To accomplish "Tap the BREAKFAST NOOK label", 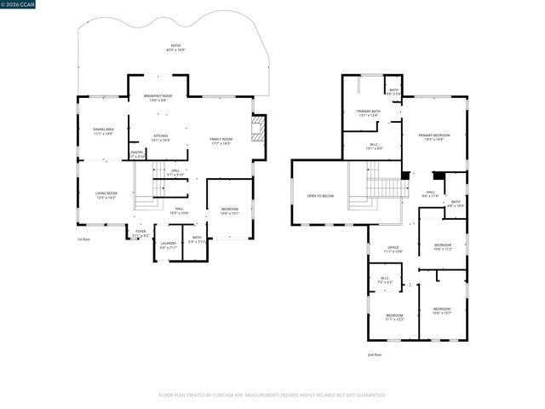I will tap(158, 97).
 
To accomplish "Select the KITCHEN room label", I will tap(160, 137).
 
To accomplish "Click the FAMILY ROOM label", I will tap(221, 141).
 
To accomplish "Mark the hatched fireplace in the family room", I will tap(258, 130).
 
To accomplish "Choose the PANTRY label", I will tap(137, 153).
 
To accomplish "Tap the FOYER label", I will tap(140, 232).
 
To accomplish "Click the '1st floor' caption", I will tap(83, 239).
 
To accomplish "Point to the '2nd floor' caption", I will tap(375, 354).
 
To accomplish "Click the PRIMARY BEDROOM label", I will tap(434, 137).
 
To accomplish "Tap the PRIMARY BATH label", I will tap(368, 113).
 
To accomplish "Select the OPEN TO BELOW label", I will tap(320, 196).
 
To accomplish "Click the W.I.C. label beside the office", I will tap(384, 279).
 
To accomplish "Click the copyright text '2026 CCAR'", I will tap(21, 7).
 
